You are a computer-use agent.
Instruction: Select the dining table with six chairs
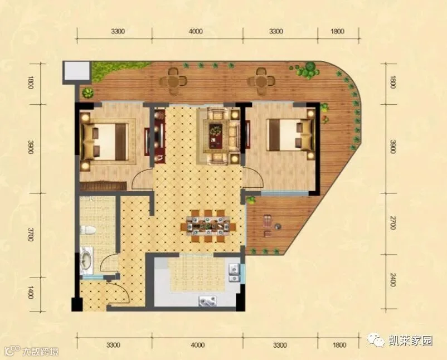point(208,222)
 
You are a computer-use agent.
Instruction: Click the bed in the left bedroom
point(105,142)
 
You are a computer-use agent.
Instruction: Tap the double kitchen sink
point(234,273)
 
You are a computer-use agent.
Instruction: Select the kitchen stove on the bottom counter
point(207,301)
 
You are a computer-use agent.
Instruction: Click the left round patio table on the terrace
point(173,82)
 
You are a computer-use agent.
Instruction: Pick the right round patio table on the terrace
point(261,81)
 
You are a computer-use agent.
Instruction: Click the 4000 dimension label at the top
point(196,31)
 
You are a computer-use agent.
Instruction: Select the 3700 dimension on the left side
point(31,234)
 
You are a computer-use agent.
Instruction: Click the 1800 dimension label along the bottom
point(339,345)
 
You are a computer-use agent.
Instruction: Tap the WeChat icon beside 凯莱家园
point(376,340)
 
